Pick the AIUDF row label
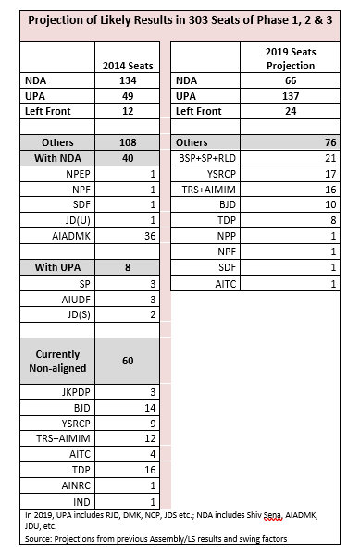(x=73, y=299)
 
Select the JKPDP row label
(x=71, y=392)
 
